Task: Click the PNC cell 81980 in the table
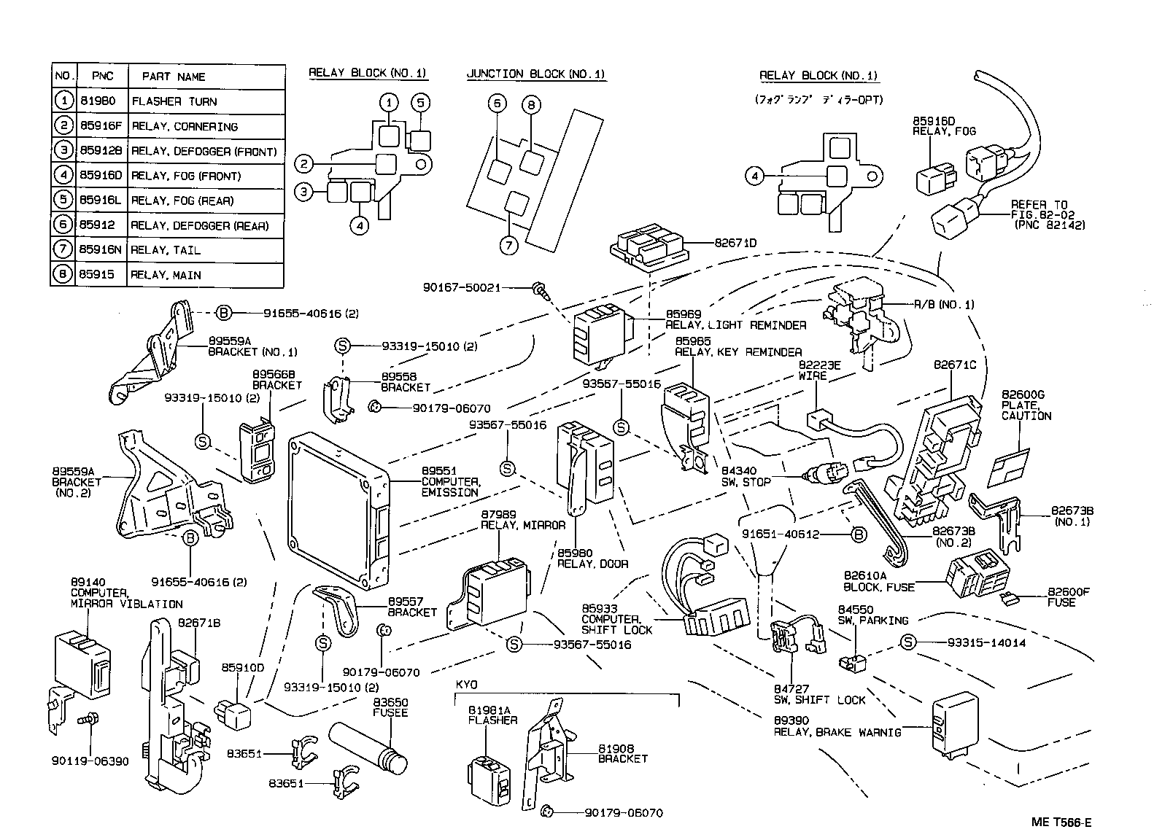(98, 101)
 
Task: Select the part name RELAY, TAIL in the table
(165, 250)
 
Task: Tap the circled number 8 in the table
(64, 275)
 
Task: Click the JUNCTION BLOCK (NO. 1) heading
(535, 74)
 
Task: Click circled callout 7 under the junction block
(509, 245)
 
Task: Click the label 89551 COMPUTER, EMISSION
(450, 481)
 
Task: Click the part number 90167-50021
(462, 287)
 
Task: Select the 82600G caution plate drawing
(1009, 467)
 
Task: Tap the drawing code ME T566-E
(1061, 822)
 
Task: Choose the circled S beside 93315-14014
(907, 642)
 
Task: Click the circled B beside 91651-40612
(859, 534)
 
